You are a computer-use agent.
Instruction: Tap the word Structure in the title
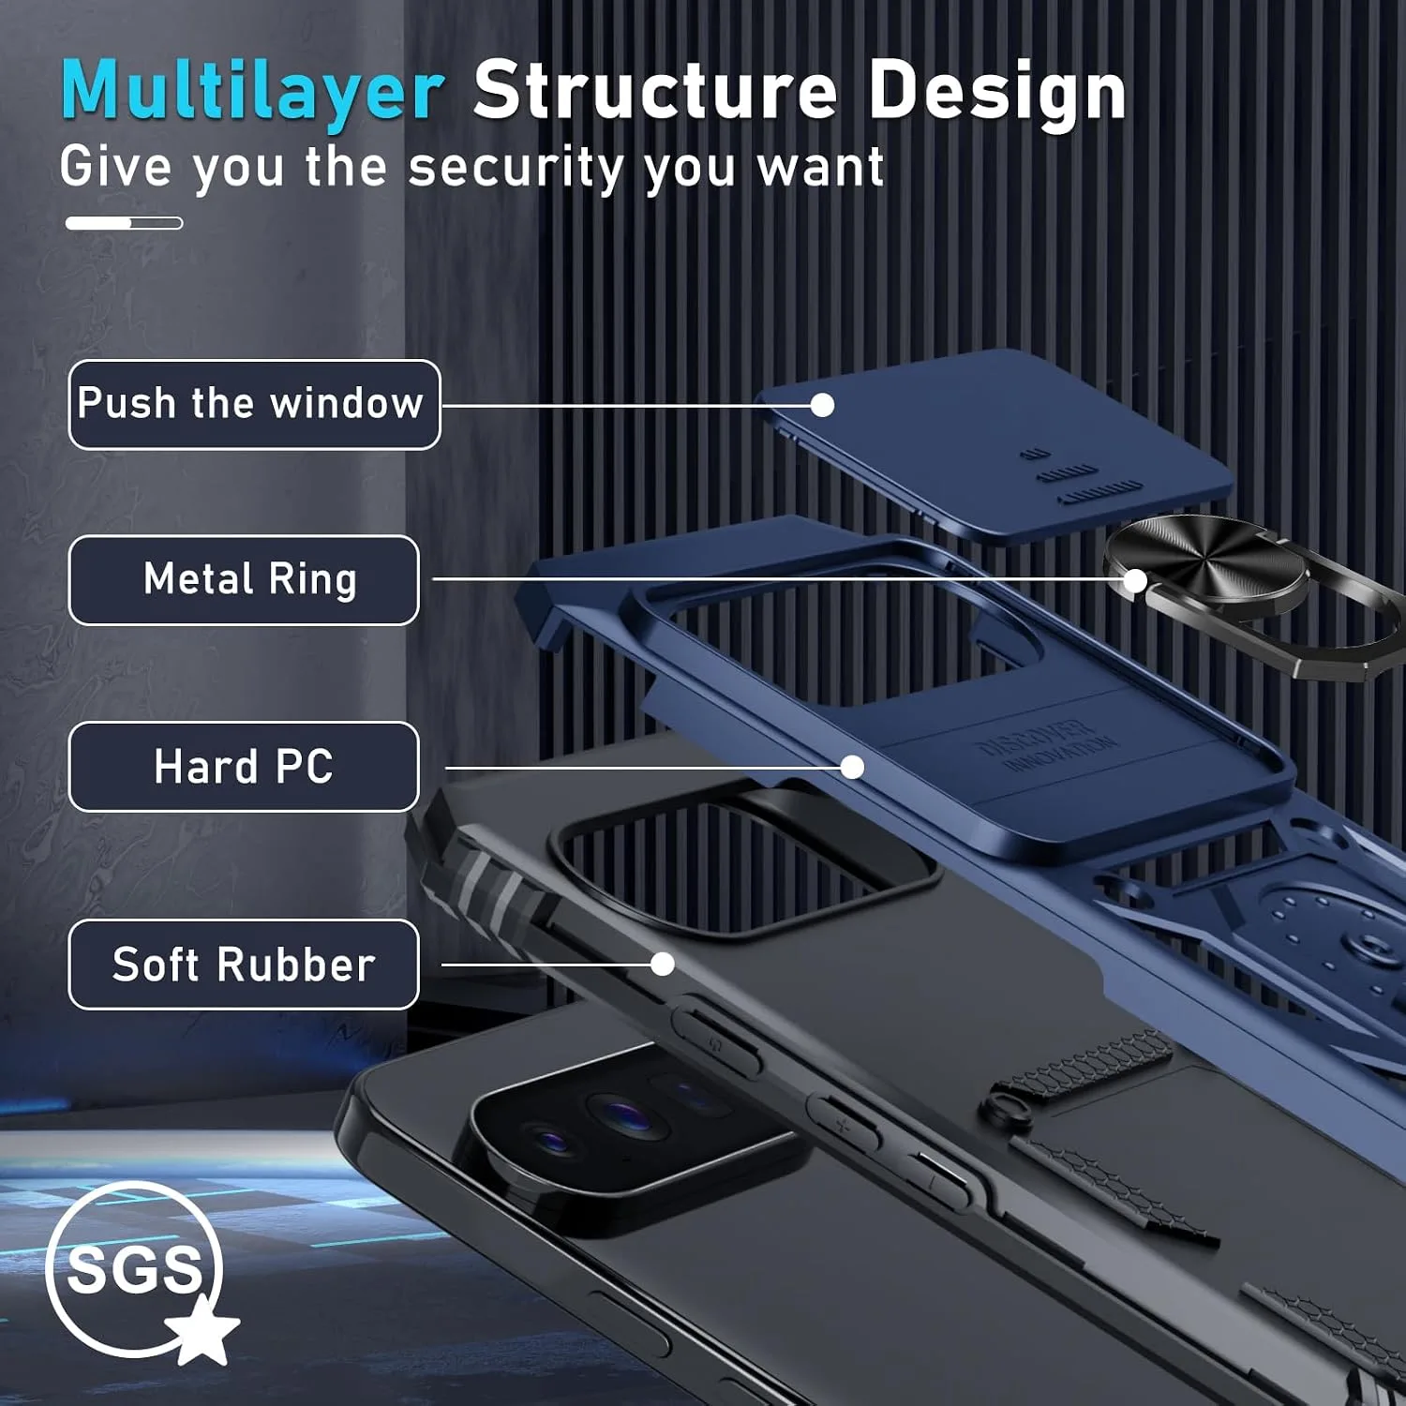click(655, 89)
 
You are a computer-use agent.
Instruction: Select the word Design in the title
click(997, 93)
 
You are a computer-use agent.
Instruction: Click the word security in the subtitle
click(516, 169)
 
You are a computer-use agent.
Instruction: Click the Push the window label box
click(254, 404)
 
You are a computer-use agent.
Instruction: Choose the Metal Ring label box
click(244, 579)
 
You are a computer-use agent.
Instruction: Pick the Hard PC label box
click(244, 766)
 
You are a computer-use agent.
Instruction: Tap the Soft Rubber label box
click(244, 964)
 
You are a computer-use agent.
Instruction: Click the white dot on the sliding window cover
click(822, 405)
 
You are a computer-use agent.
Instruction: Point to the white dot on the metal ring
click(1134, 581)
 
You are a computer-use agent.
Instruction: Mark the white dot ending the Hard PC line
click(852, 768)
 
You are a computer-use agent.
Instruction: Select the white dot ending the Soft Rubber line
click(663, 964)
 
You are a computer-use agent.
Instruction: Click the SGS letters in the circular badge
click(135, 1270)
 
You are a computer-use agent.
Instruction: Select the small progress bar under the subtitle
click(124, 223)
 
